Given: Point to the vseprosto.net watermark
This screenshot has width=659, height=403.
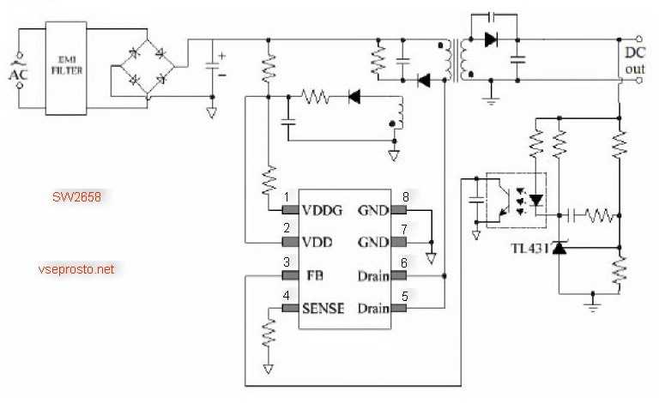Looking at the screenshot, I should tap(76, 269).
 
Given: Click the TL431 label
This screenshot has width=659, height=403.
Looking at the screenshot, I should tap(528, 248).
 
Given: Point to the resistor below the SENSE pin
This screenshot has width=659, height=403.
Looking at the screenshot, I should tap(269, 330).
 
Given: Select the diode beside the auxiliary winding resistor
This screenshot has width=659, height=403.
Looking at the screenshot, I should tap(354, 97).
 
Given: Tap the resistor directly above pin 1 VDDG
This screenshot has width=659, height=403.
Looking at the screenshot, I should tap(269, 181).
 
